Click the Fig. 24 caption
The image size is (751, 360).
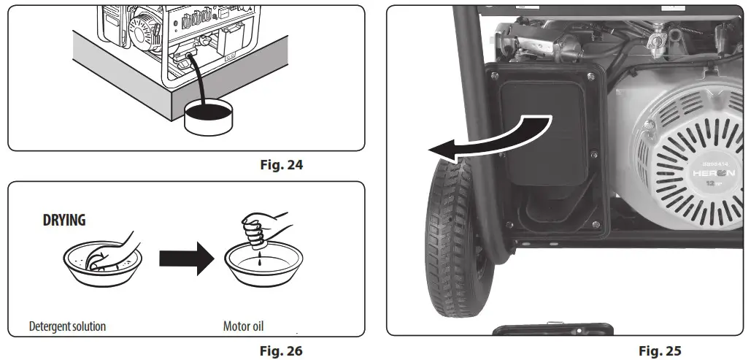(x=281, y=164)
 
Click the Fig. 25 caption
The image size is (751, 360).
(x=660, y=351)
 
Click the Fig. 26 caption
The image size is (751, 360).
(x=281, y=351)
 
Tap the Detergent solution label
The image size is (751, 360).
(x=67, y=326)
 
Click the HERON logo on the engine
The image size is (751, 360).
(x=715, y=173)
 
